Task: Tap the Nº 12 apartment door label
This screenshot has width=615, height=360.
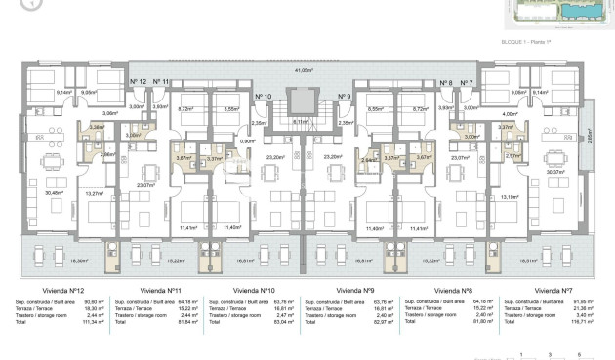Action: point(139,83)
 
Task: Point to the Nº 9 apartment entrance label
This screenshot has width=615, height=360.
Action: point(344,97)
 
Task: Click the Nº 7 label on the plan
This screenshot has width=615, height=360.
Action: point(467,83)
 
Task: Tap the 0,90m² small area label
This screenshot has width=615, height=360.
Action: point(248,141)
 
